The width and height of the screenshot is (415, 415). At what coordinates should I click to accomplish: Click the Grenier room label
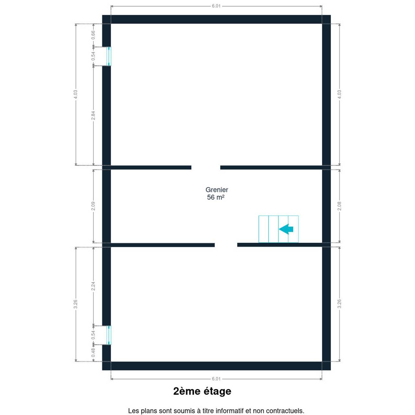(217, 190)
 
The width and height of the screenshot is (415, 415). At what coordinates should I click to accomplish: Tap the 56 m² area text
(216, 197)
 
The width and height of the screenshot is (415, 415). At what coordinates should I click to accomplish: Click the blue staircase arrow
(286, 229)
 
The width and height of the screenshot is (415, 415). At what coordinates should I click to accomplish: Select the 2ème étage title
(202, 391)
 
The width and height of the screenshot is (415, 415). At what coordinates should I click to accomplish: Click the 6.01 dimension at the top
(216, 6)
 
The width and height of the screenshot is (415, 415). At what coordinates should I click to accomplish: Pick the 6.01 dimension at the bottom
(216, 379)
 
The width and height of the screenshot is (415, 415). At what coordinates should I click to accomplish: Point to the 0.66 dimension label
(93, 35)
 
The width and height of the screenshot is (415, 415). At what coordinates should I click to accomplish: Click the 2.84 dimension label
(93, 115)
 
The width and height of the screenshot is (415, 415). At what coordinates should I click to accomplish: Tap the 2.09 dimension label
(93, 206)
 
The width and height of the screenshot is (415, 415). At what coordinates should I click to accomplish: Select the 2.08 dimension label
(339, 206)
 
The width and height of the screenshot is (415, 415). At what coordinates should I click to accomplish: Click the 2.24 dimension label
(93, 286)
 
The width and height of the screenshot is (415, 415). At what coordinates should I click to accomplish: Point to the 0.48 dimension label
(93, 352)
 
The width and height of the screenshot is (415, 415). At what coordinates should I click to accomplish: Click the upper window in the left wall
(109, 56)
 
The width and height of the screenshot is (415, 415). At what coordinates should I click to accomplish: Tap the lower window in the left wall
(109, 335)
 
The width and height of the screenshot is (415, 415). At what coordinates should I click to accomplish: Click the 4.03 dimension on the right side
(339, 94)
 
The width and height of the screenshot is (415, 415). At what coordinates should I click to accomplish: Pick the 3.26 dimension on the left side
(75, 304)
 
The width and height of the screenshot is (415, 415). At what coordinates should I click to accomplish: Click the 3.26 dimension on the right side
(339, 304)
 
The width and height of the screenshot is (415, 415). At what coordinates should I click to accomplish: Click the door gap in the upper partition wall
(206, 167)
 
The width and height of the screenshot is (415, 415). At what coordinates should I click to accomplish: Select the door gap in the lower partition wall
(226, 245)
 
